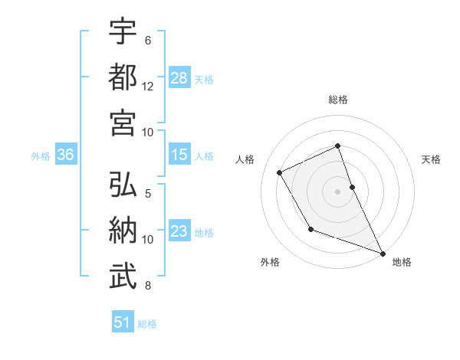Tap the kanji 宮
pos(123,123)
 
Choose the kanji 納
pos(123,231)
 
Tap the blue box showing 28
pos(179,78)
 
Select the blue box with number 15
pos(179,155)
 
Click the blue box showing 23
pos(179,232)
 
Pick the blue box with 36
pos(65,155)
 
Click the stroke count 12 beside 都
pos(148,86)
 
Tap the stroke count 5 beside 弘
pos(148,194)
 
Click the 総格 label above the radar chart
pos(337,100)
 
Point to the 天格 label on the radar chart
pos(432,159)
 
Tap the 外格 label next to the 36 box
pos(41,156)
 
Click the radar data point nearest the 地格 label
pos(383,254)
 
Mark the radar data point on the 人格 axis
pos(280,172)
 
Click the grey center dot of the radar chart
pos(337,191)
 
